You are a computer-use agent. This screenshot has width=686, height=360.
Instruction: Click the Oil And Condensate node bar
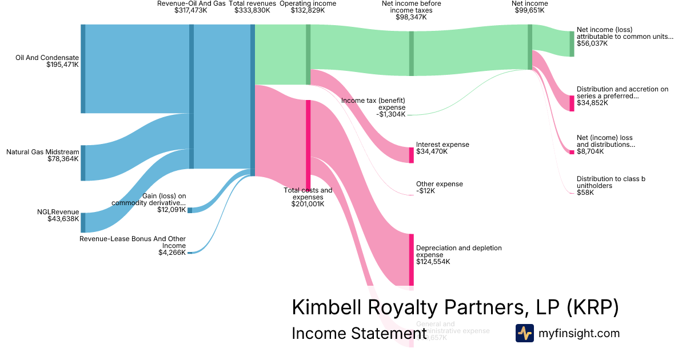coord(83,69)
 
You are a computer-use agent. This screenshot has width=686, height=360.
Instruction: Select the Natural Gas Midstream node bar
coord(83,163)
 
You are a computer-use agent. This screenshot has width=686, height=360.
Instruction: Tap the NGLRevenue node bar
coord(83,222)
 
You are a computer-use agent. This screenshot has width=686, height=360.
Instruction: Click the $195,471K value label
coord(62,65)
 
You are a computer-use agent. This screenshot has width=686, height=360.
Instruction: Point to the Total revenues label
coord(252,3)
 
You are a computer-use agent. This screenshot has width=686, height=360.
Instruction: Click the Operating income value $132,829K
coord(308,11)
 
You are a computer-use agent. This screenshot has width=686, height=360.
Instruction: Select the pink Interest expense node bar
coord(411,155)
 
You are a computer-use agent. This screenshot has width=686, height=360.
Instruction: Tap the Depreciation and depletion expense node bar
coord(411,259)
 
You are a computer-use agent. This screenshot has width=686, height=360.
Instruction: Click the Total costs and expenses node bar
coord(308,143)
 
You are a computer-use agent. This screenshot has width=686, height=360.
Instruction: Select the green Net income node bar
coord(530,47)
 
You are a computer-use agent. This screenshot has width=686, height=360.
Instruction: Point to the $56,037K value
coord(592,43)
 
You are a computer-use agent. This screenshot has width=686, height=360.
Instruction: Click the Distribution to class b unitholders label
coord(611,182)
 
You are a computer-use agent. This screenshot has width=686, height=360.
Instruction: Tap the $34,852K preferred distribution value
coord(592,103)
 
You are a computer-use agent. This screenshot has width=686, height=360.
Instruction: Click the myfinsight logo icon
coord(524,333)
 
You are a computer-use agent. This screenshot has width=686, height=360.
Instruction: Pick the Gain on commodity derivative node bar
coord(190,210)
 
